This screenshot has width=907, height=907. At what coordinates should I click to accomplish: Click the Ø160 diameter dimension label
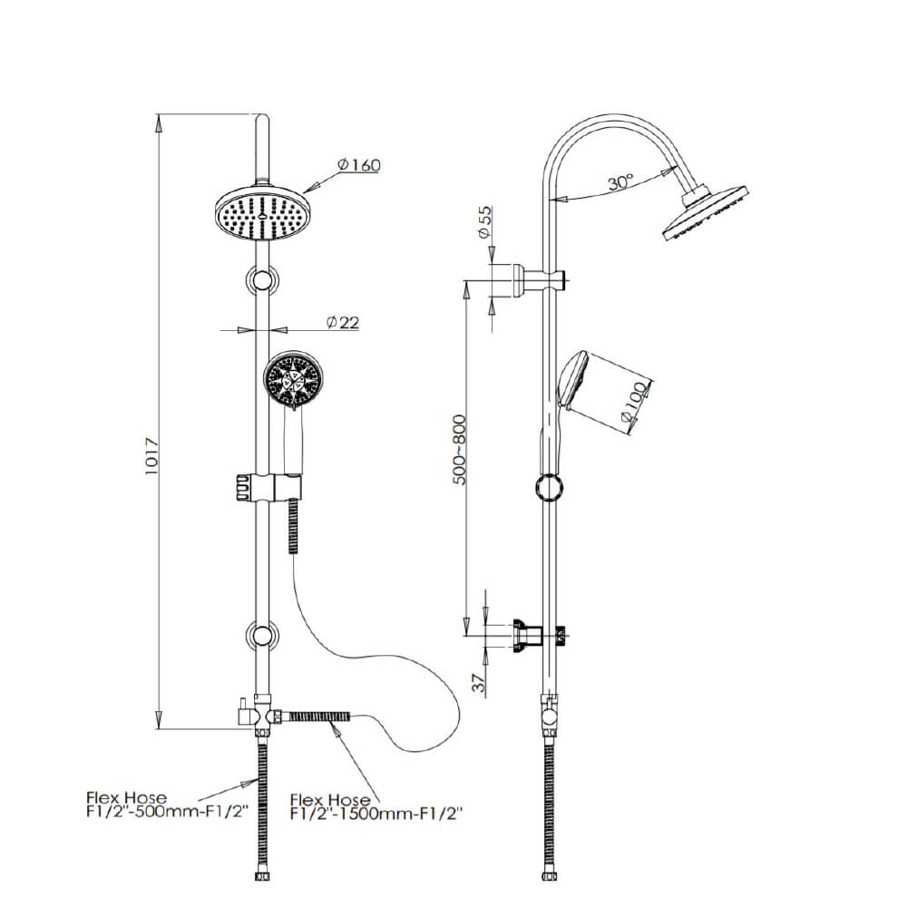[358, 165]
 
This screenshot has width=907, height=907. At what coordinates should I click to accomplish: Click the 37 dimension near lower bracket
[478, 680]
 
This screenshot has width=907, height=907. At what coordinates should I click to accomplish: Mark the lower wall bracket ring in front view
[263, 635]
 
